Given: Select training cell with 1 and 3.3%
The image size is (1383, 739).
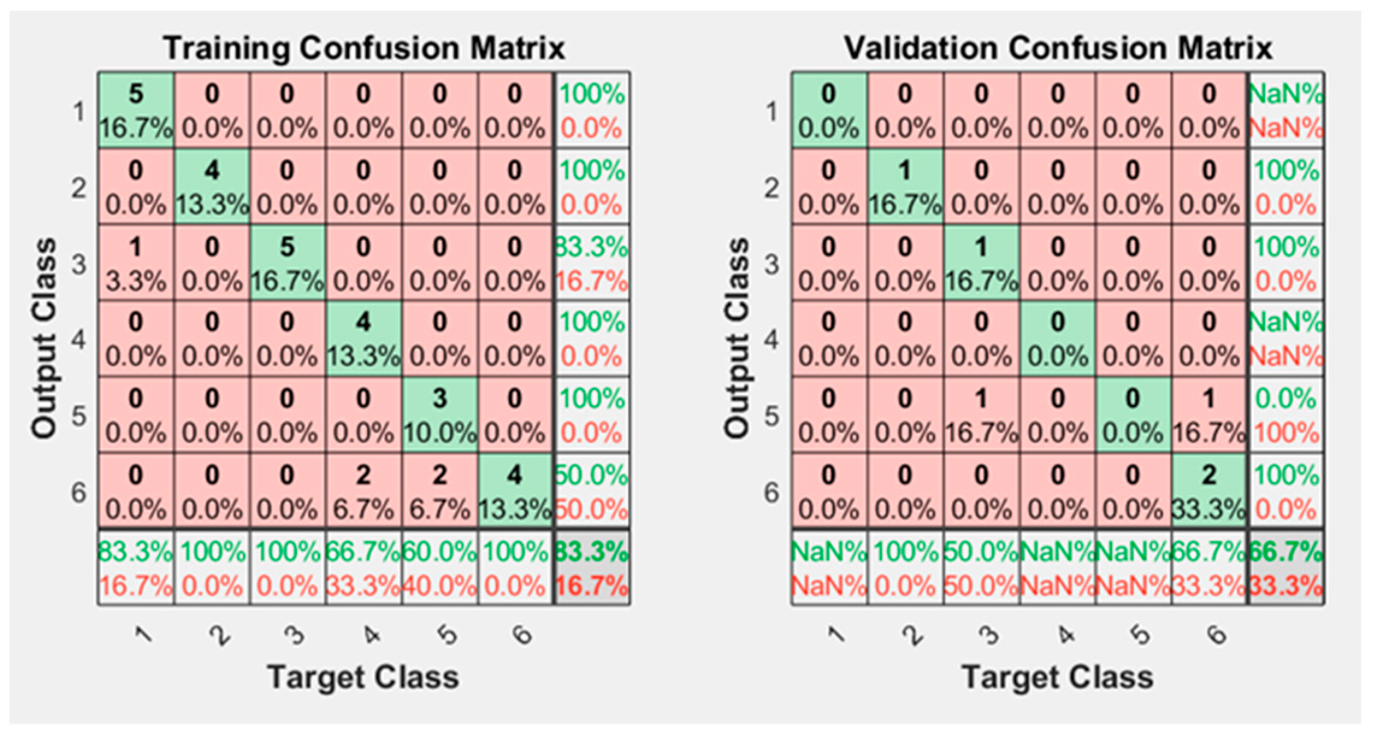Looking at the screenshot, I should [136, 264].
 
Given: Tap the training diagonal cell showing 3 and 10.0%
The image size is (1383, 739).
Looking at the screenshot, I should [439, 416].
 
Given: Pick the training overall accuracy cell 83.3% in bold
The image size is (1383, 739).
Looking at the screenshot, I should [591, 568].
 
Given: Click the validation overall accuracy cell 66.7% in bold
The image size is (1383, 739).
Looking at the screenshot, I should [1286, 568].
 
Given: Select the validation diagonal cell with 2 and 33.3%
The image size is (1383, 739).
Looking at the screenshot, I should [1208, 492].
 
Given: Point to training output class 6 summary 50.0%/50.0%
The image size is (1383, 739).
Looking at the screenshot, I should [591, 492].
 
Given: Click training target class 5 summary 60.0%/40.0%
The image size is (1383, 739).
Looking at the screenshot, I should [439, 568].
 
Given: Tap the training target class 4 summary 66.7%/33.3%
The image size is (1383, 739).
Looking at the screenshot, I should [364, 568].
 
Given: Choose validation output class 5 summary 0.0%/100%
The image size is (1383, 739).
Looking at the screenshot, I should [1286, 416].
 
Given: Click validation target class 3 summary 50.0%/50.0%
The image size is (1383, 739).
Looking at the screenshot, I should [981, 568].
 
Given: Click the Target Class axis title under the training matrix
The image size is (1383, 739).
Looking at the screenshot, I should [364, 677].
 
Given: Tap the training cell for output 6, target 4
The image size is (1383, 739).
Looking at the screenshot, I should [364, 492].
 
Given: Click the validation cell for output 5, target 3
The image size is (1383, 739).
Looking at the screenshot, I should [981, 416].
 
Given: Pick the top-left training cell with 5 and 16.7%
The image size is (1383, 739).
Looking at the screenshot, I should [136, 111].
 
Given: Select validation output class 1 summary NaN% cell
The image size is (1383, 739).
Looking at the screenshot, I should [1286, 111].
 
